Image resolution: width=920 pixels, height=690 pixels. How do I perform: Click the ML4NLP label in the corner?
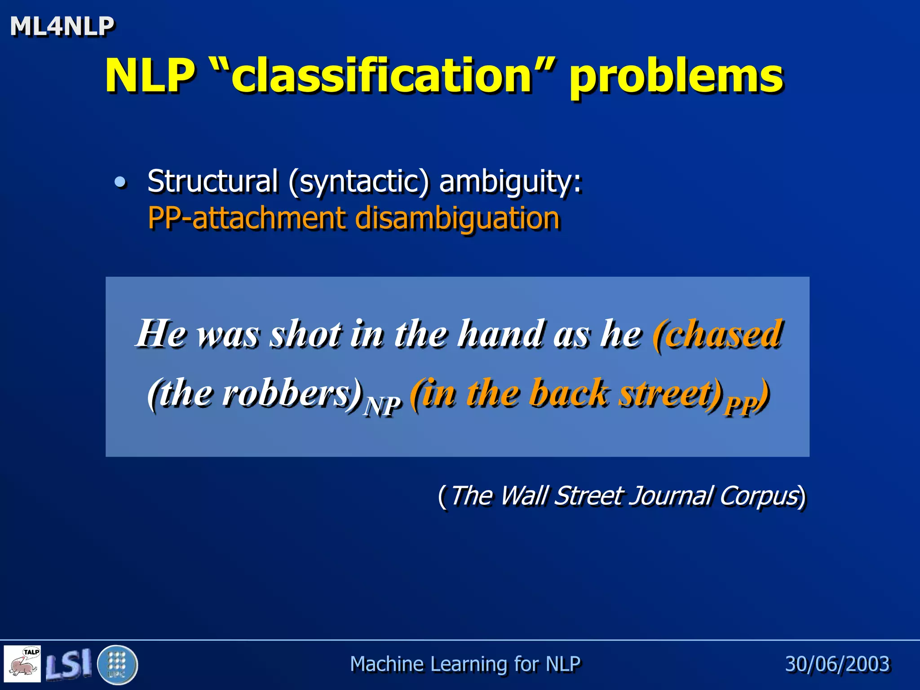coord(62,26)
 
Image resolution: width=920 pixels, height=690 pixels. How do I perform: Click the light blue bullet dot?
coord(120,182)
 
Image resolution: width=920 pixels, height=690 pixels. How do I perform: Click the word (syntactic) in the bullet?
coord(359,182)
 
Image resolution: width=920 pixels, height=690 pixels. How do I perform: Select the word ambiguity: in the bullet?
coord(510,182)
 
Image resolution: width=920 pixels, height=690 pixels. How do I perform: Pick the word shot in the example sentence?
coord(305,333)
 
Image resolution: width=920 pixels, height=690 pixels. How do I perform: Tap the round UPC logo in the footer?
coord(117,664)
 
